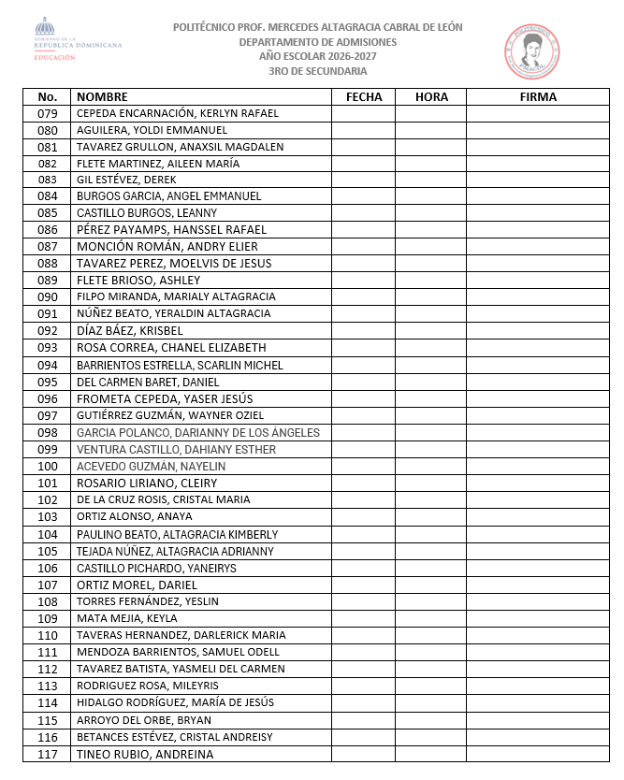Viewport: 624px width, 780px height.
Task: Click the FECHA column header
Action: pyautogui.click(x=364, y=96)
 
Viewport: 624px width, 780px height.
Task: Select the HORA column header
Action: pyautogui.click(x=431, y=96)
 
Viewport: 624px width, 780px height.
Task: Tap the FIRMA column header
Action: pyautogui.click(x=538, y=96)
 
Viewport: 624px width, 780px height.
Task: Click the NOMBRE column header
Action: pyautogui.click(x=102, y=96)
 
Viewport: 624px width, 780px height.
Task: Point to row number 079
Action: pyautogui.click(x=48, y=113)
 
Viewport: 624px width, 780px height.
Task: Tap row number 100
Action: pyautogui.click(x=48, y=466)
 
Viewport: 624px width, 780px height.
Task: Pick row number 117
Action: pyautogui.click(x=48, y=754)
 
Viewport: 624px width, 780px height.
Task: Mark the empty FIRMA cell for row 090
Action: pyautogui.click(x=538, y=296)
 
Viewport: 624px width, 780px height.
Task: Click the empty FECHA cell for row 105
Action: pyautogui.click(x=364, y=551)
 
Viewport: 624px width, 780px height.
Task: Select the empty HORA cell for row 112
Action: pyautogui.click(x=431, y=669)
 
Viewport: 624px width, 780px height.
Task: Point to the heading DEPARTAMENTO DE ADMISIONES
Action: pyautogui.click(x=317, y=42)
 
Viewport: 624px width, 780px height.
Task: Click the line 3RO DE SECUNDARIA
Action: pyautogui.click(x=317, y=71)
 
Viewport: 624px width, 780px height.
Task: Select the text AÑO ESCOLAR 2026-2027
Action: pyautogui.click(x=317, y=56)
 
